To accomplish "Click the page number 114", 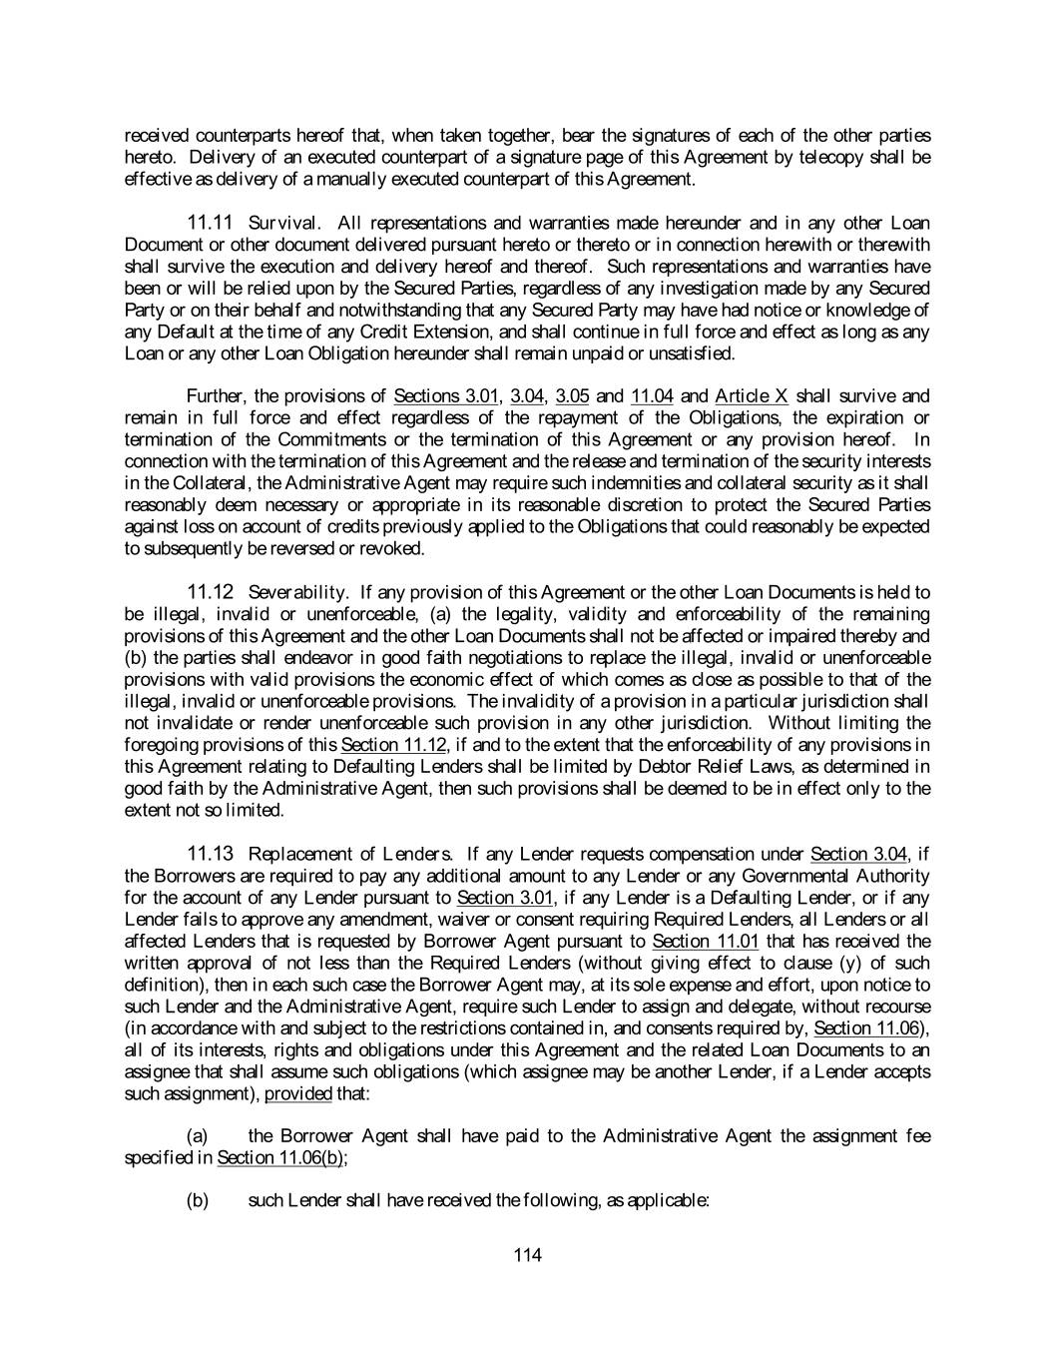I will pyautogui.click(x=527, y=1255).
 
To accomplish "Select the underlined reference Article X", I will pyautogui.click(x=752, y=396).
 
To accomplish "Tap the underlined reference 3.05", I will pyautogui.click(x=572, y=396).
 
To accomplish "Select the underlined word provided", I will pyautogui.click(x=298, y=1093).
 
